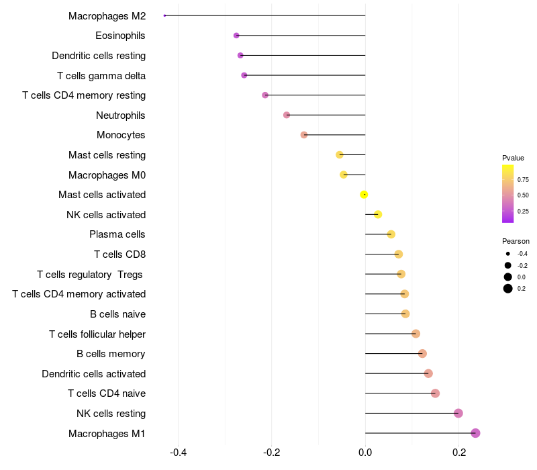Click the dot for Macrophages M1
[475, 433]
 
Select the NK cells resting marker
[458, 413]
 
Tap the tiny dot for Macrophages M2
[164, 15]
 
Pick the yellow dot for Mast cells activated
[364, 195]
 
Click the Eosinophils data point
[236, 36]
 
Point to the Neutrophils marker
[287, 115]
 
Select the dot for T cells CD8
[399, 254]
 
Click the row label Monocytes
[121, 135]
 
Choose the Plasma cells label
[117, 234]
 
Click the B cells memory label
[111, 353]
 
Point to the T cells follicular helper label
[97, 334]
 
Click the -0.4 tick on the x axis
[178, 453]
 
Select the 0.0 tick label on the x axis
[365, 453]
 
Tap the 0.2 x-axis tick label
[458, 453]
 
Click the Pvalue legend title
[513, 158]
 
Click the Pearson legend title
[516, 241]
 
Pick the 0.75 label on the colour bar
[523, 180]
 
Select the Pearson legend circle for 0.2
[508, 289]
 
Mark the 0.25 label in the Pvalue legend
[523, 211]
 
